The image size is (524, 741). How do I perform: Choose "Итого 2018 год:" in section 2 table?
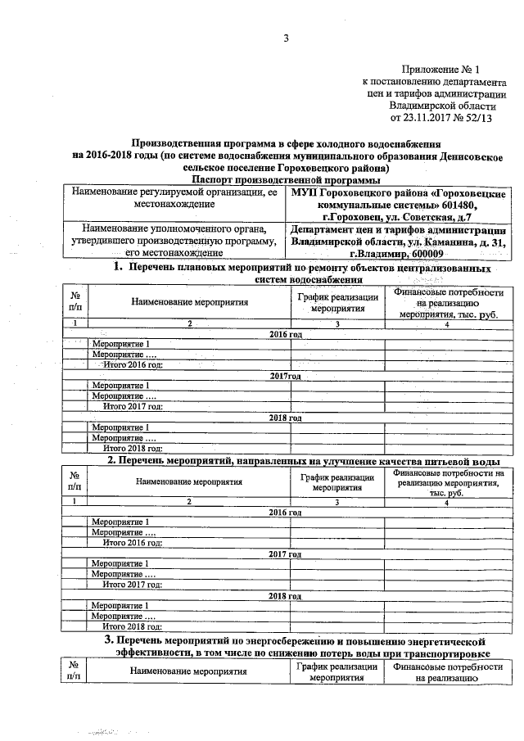click(x=132, y=626)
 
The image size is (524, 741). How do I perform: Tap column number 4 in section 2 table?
click(x=446, y=501)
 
